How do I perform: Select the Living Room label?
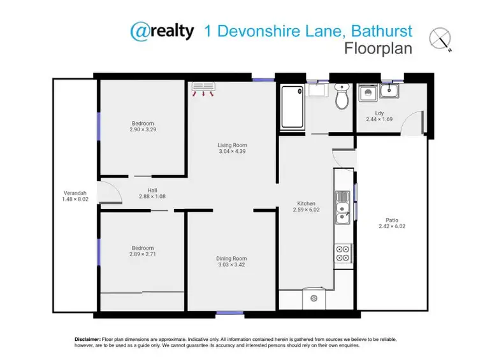pyautogui.click(x=232, y=145)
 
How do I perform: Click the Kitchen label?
pyautogui.click(x=305, y=203)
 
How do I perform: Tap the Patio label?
pyautogui.click(x=392, y=220)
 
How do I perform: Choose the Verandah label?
pyautogui.click(x=75, y=193)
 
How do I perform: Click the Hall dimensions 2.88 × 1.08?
pyautogui.click(x=152, y=197)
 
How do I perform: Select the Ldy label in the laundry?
pyautogui.click(x=379, y=113)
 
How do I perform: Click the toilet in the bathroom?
pyautogui.click(x=341, y=97)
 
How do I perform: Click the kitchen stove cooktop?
pyautogui.click(x=343, y=253)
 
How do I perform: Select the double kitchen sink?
pyautogui.click(x=343, y=208)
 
